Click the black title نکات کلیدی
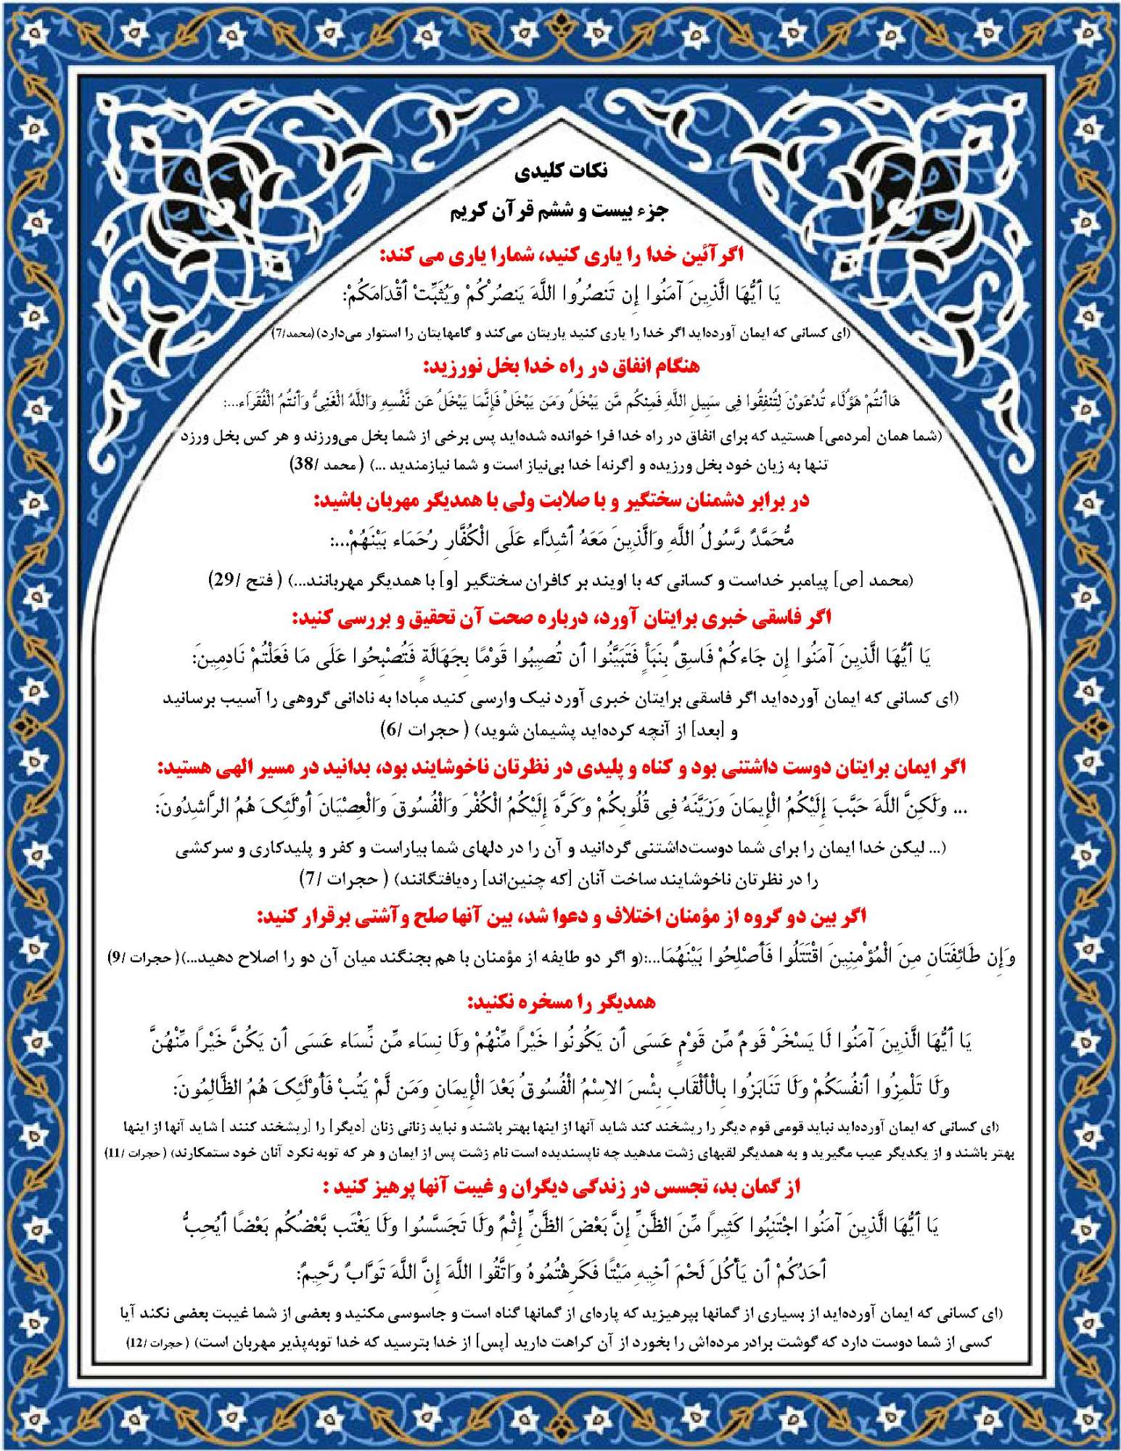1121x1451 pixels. pos(561,172)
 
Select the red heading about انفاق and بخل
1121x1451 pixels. pos(561,366)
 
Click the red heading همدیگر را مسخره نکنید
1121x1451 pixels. pos(561,1002)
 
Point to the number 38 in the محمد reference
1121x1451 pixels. pos(302,464)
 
